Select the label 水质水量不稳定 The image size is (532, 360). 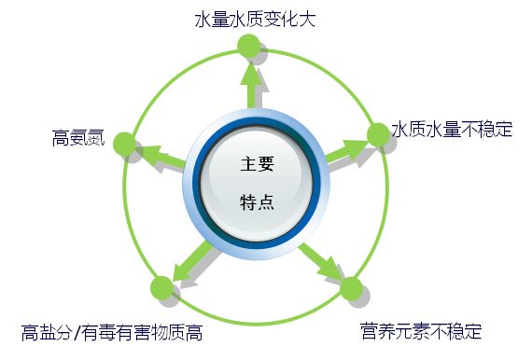(452, 130)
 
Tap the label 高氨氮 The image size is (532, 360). (77, 140)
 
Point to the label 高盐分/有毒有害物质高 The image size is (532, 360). (112, 333)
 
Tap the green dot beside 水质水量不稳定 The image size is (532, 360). (378, 134)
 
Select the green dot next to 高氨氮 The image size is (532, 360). (123, 144)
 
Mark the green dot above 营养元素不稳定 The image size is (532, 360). (350, 288)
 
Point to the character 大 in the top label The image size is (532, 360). (304, 18)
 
